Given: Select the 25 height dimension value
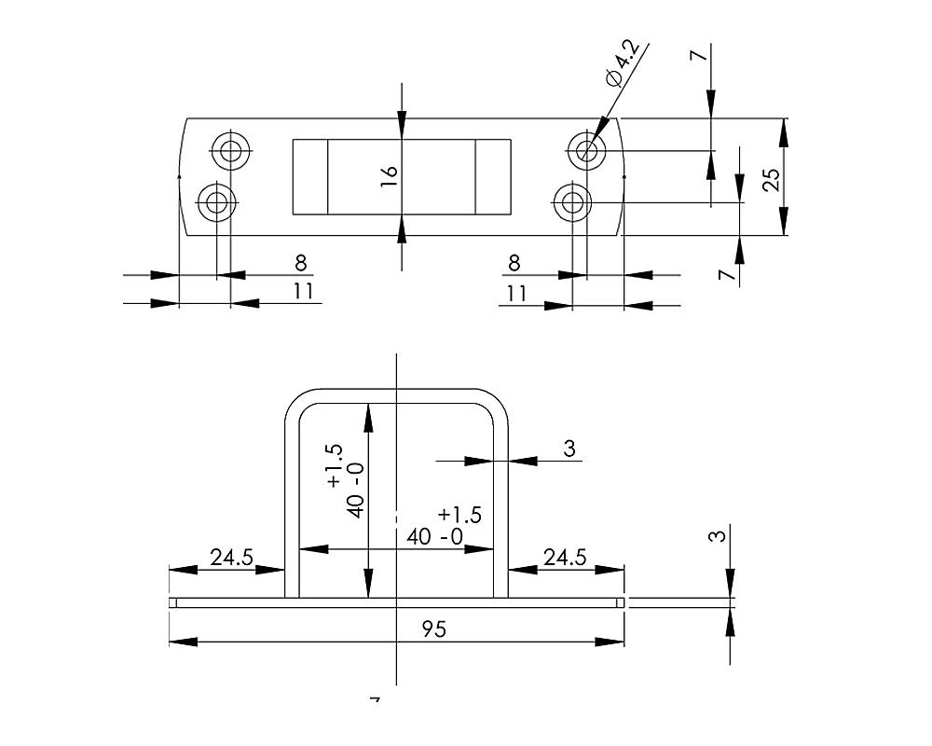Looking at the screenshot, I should [771, 178].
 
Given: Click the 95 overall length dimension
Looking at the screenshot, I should [434, 629].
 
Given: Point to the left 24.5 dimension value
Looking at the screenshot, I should [231, 558].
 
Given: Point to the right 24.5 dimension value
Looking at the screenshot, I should [565, 558].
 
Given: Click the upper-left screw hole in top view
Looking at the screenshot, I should [230, 149].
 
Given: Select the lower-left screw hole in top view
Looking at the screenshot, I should [216, 200].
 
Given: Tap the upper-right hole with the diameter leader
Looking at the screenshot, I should [587, 149].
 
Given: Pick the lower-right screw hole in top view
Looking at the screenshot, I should [571, 200].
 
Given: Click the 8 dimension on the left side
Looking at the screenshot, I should [300, 263].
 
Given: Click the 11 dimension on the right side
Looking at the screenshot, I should [517, 293].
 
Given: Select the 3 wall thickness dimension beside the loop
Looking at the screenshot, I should [570, 449].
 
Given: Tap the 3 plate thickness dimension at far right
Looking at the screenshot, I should [715, 537].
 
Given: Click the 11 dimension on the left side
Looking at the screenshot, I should [303, 291].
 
